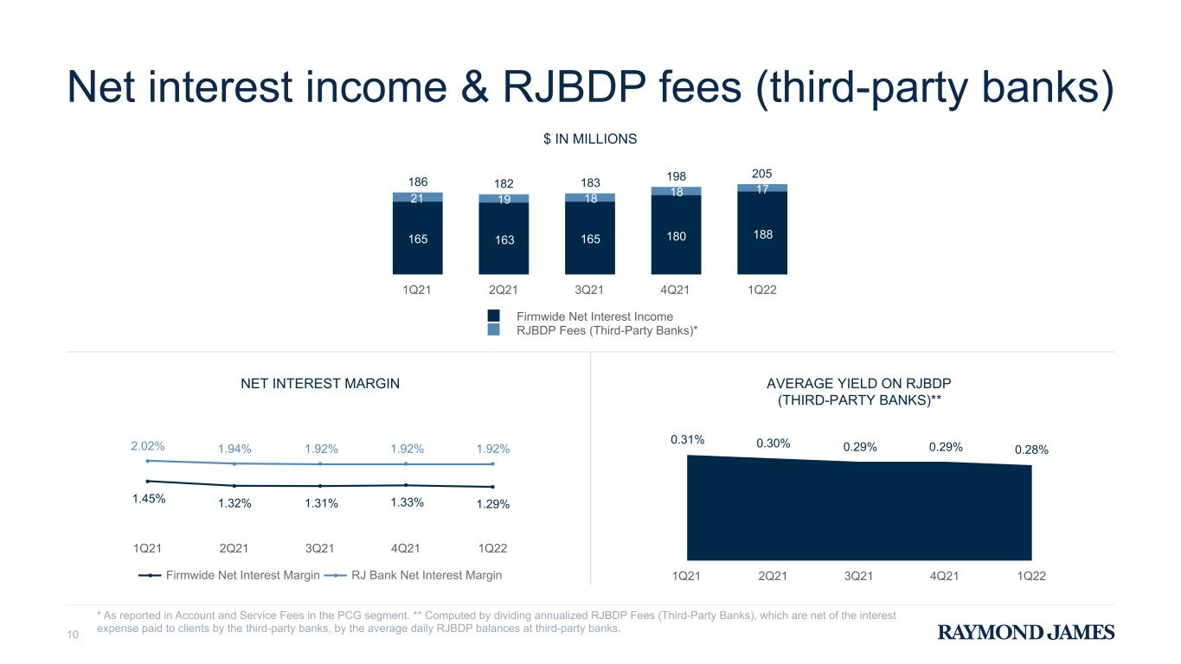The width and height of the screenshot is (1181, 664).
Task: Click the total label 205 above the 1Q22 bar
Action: (x=761, y=174)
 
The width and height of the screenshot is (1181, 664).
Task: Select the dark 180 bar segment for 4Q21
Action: (x=676, y=234)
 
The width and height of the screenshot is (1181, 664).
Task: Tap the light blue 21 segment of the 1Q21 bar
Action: (x=418, y=198)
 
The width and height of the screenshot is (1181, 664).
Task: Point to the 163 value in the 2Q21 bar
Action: (x=504, y=239)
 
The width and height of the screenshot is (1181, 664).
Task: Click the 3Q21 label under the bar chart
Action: (x=589, y=290)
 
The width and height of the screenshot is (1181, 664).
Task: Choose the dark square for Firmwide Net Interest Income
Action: (x=493, y=316)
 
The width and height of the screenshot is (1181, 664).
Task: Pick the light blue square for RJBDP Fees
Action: (x=493, y=330)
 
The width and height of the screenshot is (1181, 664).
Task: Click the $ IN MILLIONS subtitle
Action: (x=590, y=138)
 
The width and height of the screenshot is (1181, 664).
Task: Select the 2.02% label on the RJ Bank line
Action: (x=148, y=446)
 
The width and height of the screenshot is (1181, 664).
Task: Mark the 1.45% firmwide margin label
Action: (x=149, y=499)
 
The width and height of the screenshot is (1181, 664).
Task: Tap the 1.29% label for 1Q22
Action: (x=493, y=504)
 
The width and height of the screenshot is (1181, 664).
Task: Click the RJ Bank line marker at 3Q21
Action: (x=320, y=463)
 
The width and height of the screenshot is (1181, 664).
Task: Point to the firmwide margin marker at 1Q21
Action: (x=148, y=481)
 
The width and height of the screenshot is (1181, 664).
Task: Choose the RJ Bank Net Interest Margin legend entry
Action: (x=413, y=575)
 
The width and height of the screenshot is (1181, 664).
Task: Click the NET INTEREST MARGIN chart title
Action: (x=320, y=383)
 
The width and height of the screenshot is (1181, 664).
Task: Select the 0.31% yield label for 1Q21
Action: (x=688, y=439)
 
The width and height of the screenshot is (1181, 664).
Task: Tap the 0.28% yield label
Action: (x=1032, y=450)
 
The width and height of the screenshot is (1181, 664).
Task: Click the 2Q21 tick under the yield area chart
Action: (x=773, y=576)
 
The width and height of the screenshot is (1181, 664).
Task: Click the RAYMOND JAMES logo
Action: (x=1026, y=632)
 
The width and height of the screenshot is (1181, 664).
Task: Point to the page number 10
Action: (x=73, y=635)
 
